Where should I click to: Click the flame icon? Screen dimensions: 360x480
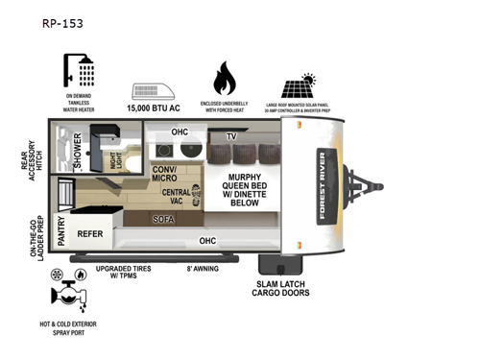[x=225, y=76]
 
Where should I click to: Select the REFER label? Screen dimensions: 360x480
[x=90, y=232]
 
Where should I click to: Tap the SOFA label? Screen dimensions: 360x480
[x=164, y=220]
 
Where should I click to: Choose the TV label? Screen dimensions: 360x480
[x=231, y=137]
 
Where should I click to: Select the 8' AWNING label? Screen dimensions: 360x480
[x=201, y=270]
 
